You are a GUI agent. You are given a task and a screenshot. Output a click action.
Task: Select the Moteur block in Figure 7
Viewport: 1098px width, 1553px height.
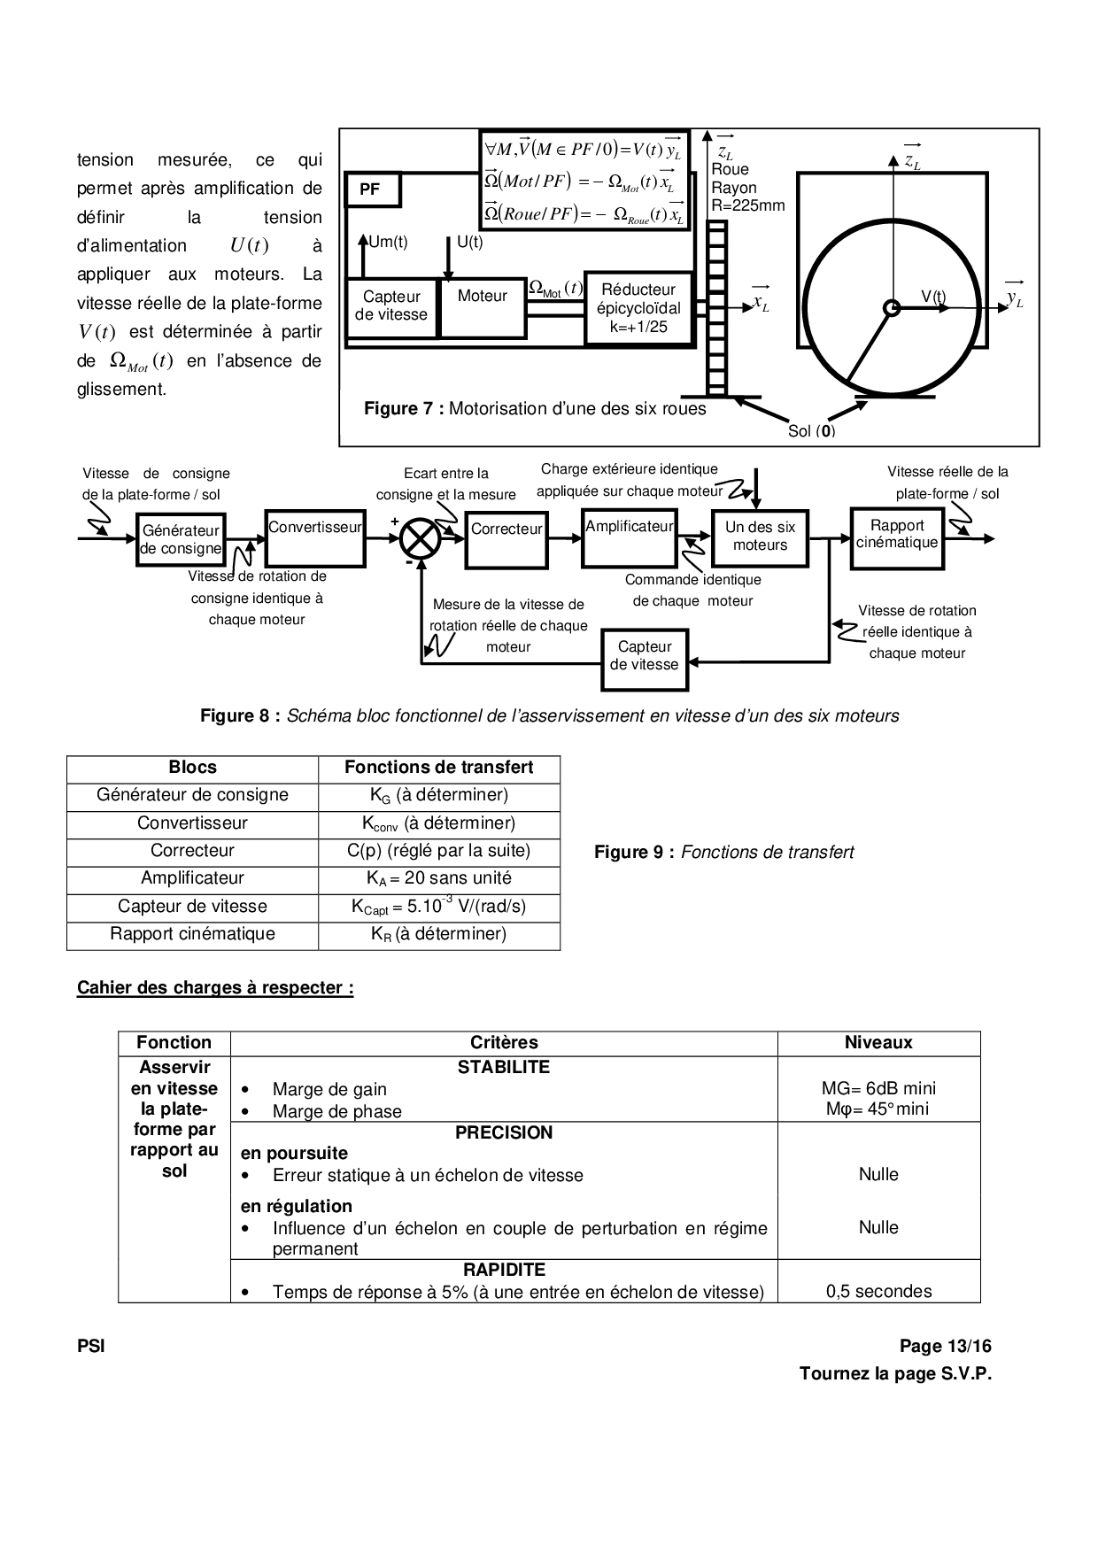point(482,306)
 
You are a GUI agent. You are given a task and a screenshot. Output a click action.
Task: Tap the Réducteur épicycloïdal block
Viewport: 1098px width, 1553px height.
point(638,308)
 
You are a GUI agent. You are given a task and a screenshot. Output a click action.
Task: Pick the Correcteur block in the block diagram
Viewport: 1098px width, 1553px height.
point(506,538)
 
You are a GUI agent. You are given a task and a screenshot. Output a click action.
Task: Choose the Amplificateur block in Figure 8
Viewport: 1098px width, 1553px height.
point(630,537)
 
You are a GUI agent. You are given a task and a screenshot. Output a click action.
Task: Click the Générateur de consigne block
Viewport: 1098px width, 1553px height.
point(182,539)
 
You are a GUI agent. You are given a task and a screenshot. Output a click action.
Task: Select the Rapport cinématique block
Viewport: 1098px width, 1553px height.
point(896,537)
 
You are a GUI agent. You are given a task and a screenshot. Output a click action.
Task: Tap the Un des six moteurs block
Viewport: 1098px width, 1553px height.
point(760,537)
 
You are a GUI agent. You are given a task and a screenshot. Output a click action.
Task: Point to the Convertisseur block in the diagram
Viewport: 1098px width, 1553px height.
point(315,537)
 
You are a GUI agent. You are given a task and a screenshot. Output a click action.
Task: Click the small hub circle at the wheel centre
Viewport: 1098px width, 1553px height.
point(892,307)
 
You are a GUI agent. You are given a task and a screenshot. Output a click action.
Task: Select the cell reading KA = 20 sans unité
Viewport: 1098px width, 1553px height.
point(438,878)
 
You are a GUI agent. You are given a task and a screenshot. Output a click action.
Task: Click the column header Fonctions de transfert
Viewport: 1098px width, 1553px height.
point(438,768)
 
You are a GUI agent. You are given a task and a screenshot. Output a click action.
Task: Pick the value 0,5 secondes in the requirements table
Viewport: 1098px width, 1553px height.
point(878,1291)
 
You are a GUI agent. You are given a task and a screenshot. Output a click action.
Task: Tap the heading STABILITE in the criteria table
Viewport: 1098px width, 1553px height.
point(503,1068)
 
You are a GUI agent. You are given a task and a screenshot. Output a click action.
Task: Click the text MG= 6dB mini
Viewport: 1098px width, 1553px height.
point(878,1088)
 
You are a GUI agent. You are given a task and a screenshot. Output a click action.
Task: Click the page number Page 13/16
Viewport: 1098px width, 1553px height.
point(945,1347)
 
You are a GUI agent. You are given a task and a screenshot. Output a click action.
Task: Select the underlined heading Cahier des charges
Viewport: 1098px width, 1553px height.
point(215,987)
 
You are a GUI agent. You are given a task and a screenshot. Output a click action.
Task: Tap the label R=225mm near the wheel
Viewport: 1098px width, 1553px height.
point(748,206)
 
